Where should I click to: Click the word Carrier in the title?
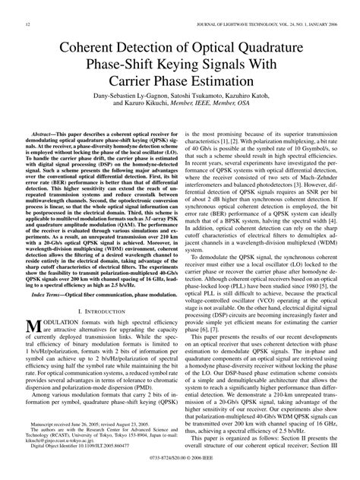coord(148,80)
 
